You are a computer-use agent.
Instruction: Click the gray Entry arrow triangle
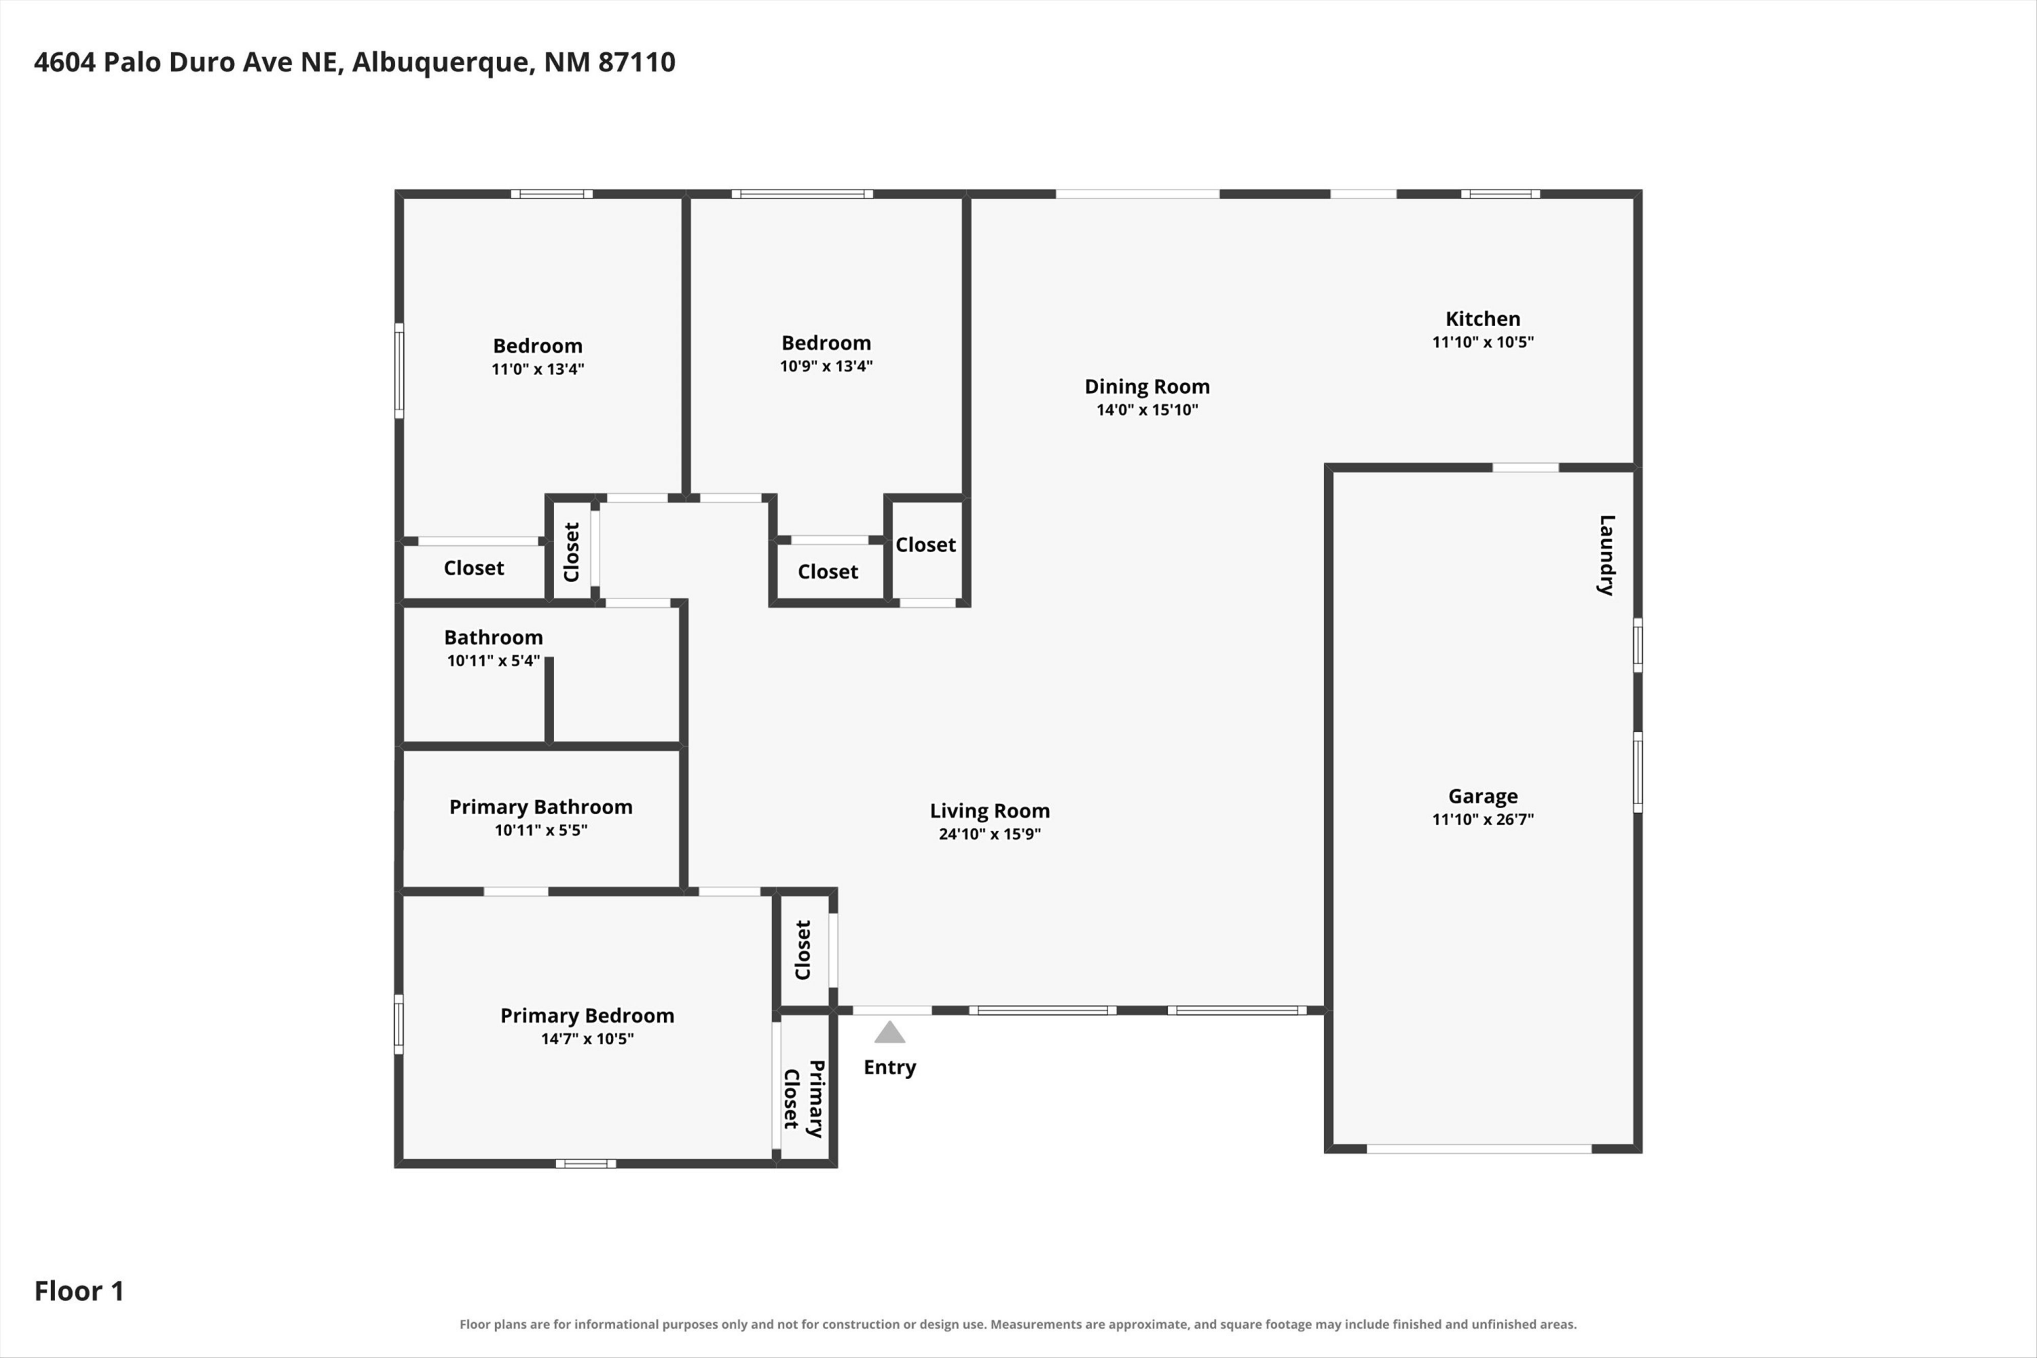pyautogui.click(x=889, y=1032)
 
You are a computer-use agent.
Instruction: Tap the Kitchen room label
pyautogui.click(x=1483, y=318)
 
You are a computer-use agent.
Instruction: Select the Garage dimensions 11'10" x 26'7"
pyautogui.click(x=1483, y=820)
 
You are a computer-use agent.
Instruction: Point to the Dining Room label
pyautogui.click(x=1147, y=387)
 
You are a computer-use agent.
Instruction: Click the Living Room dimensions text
pyautogui.click(x=990, y=834)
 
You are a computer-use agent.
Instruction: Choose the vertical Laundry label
pyautogui.click(x=1607, y=555)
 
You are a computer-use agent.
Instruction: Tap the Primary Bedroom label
pyautogui.click(x=587, y=1016)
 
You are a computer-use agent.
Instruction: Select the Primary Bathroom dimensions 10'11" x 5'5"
pyautogui.click(x=541, y=830)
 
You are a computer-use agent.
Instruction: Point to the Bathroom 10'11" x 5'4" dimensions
pyautogui.click(x=494, y=661)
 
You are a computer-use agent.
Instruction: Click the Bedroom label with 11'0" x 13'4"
pyautogui.click(x=538, y=346)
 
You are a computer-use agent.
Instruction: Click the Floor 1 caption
pyautogui.click(x=79, y=1291)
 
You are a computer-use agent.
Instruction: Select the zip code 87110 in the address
pyautogui.click(x=637, y=62)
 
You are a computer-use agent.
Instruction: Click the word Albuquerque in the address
pyautogui.click(x=443, y=63)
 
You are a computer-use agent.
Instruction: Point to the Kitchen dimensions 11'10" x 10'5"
pyautogui.click(x=1483, y=342)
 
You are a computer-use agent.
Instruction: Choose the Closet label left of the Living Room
pyautogui.click(x=803, y=950)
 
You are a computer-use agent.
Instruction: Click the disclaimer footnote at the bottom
pyautogui.click(x=1018, y=1324)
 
